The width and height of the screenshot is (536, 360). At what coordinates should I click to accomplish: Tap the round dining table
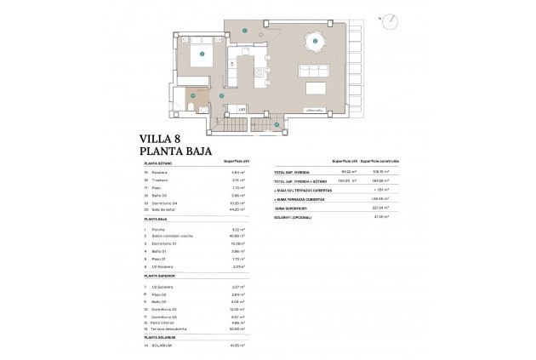pos(316,41)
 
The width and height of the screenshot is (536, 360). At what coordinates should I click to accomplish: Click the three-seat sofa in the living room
pos(316,88)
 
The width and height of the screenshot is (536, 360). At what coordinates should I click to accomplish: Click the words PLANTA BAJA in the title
pos(174,152)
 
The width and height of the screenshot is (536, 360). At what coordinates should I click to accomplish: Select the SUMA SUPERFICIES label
pos(291,207)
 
